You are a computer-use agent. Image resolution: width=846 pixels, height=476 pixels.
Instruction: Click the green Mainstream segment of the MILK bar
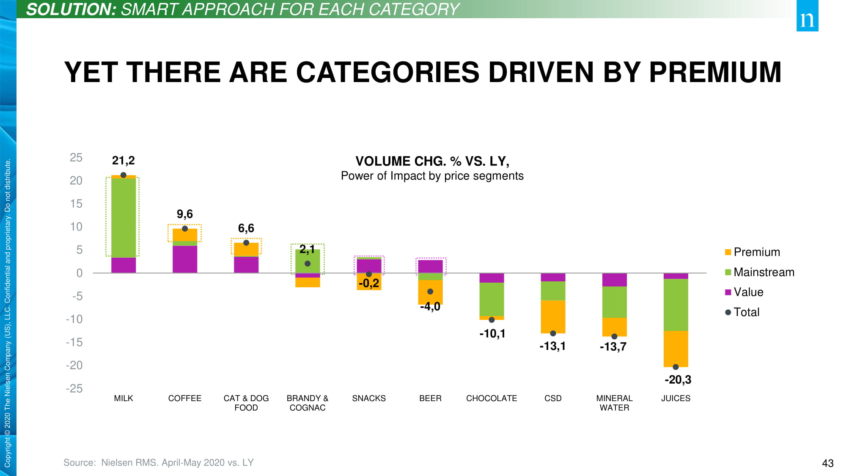[x=124, y=217]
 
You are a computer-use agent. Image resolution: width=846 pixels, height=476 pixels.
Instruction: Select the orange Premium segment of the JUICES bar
[x=676, y=348]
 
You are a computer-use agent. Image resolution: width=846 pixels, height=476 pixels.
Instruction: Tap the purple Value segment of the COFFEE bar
[x=185, y=259]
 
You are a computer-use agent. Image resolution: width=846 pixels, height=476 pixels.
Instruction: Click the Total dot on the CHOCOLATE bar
[x=492, y=320]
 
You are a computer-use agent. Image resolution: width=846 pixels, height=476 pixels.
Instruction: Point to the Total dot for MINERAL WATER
[x=614, y=336]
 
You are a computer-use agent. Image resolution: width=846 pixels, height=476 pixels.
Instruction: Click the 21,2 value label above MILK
[x=123, y=161]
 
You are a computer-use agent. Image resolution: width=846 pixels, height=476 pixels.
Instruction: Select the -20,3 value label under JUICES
[x=678, y=380]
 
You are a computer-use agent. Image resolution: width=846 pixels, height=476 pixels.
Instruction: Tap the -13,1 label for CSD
[x=552, y=346]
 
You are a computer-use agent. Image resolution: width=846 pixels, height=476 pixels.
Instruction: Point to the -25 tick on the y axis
[x=74, y=388]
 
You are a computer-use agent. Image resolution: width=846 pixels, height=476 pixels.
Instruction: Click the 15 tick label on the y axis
[x=76, y=204]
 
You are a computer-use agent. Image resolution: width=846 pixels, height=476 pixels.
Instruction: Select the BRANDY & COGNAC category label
[x=308, y=403]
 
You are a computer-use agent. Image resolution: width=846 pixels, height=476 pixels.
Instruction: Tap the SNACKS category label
[x=369, y=398]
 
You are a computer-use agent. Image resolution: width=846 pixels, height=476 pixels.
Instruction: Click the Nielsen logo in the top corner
[x=807, y=16]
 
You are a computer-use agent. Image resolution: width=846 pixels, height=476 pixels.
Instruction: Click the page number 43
[x=827, y=463]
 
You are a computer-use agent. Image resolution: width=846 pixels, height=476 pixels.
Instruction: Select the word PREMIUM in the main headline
[x=715, y=72]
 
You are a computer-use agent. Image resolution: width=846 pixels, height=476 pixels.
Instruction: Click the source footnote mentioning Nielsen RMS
[x=159, y=462]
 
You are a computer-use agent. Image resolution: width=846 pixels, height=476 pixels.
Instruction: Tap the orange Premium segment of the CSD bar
[x=553, y=316]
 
